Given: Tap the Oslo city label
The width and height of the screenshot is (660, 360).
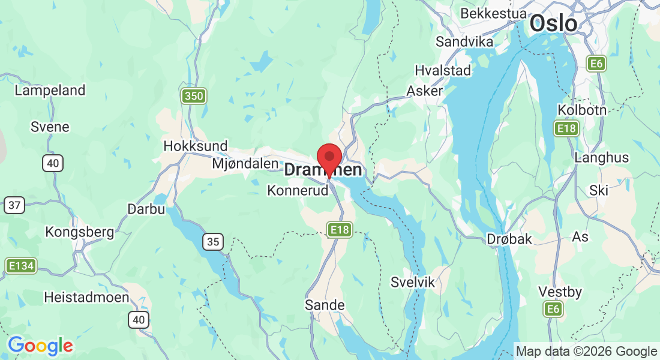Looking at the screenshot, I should click(x=553, y=24).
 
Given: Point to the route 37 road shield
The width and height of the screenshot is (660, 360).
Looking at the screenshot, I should click(x=14, y=205).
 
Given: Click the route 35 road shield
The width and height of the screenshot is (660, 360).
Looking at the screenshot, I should click(x=213, y=242).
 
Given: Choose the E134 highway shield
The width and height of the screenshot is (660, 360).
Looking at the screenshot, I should click(x=21, y=265).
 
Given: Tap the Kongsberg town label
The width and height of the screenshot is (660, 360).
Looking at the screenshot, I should click(x=80, y=232).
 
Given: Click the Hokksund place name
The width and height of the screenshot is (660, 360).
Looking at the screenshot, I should click(x=196, y=146).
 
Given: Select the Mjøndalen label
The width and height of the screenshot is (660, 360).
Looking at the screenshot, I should click(x=245, y=163).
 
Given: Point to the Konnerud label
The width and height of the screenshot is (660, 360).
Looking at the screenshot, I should click(x=298, y=191).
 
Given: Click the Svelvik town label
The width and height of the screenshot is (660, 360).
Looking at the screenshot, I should click(x=412, y=282).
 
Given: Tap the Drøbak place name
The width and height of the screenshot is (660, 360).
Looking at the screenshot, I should click(x=509, y=239).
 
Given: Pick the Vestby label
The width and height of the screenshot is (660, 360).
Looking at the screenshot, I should click(x=560, y=292).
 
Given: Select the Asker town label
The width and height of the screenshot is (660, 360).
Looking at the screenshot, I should click(x=425, y=91).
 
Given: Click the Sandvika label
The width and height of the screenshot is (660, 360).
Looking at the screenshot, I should click(x=464, y=41).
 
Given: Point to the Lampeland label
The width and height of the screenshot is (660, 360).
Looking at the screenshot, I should click(x=50, y=91).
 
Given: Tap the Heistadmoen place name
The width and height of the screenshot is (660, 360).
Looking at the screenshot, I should click(x=86, y=297).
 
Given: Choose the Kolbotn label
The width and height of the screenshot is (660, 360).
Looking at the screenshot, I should click(x=582, y=110).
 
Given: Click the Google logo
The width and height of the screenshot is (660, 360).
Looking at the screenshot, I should click(x=40, y=346).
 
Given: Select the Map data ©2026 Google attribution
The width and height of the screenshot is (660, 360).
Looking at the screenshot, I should click(x=587, y=352).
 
